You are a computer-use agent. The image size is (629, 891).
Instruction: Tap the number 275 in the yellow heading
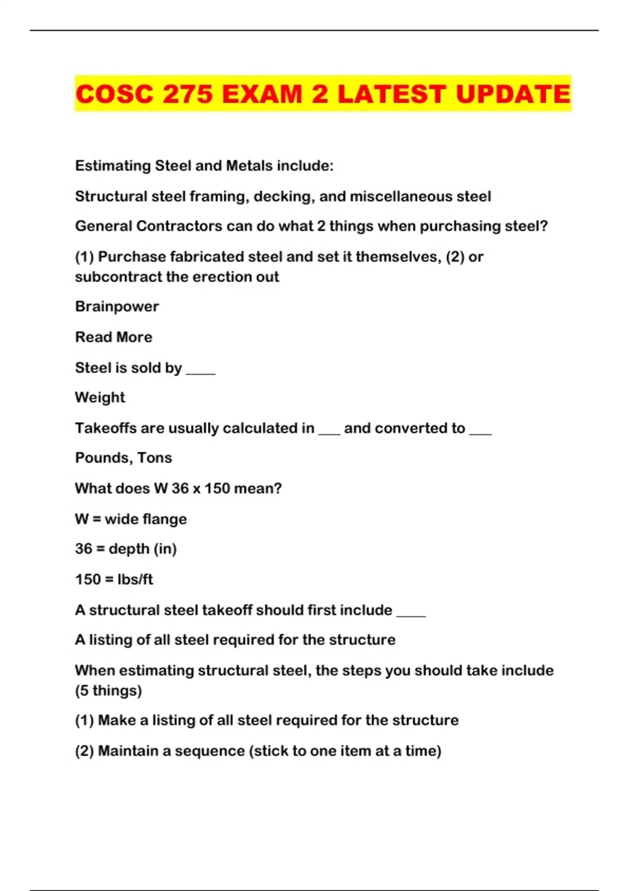(187, 94)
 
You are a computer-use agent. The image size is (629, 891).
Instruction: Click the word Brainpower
(117, 307)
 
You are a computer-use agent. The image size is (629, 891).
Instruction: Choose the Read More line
(114, 337)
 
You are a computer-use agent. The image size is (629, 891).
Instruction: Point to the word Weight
(100, 397)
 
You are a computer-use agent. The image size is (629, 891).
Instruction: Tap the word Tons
(155, 458)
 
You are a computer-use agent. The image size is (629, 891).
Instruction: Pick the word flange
(165, 519)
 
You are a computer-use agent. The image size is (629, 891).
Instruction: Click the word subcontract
(118, 277)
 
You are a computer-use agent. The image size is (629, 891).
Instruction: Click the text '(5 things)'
(109, 691)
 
